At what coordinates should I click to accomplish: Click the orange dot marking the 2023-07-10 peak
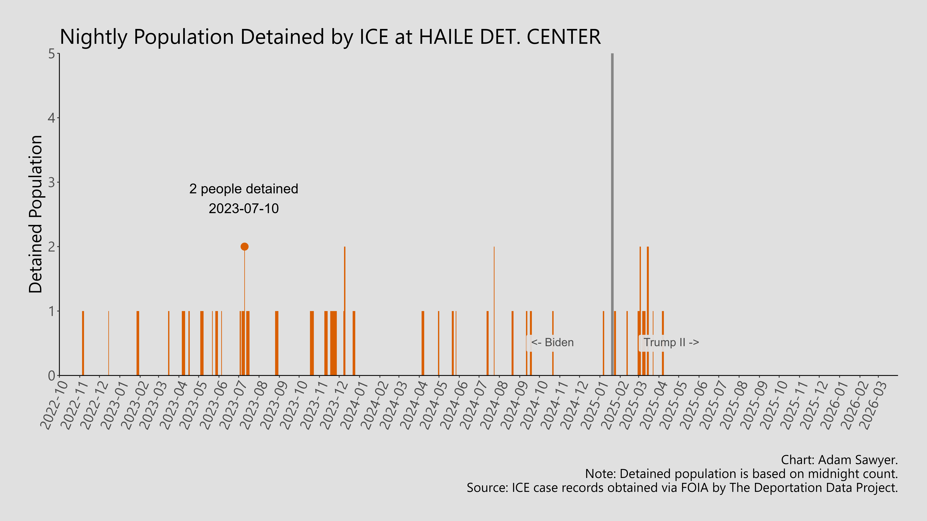click(244, 247)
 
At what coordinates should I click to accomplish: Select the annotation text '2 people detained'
click(244, 189)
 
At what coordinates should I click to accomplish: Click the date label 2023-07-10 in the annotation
click(244, 208)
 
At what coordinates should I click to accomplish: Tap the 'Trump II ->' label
click(671, 342)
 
